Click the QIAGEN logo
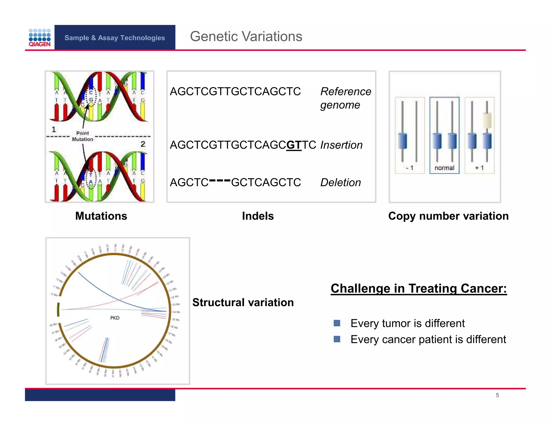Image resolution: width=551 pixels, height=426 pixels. (40, 38)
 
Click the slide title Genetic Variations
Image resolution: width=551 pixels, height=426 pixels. (246, 36)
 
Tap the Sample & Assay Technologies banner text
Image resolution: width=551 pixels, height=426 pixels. (115, 38)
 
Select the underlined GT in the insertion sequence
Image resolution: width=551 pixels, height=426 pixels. (294, 145)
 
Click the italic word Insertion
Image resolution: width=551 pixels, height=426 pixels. (341, 145)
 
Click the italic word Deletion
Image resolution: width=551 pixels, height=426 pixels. (340, 183)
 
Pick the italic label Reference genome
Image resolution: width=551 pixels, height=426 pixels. (345, 98)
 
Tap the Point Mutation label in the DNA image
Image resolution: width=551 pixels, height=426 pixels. (82, 136)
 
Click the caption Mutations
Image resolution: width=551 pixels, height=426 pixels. (101, 216)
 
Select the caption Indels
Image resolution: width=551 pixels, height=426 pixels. (258, 216)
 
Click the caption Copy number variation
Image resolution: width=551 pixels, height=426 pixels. (448, 216)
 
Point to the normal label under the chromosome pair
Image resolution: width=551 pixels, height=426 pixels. (444, 168)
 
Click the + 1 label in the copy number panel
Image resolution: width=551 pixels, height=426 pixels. (479, 168)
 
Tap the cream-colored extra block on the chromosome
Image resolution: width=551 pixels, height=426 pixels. (487, 120)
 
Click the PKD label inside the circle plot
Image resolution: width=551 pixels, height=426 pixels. (115, 318)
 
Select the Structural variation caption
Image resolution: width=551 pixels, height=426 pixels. (243, 302)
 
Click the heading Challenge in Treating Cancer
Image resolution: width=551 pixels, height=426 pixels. (419, 288)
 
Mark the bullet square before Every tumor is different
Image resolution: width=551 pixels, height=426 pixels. (337, 323)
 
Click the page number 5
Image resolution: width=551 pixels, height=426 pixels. (497, 395)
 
